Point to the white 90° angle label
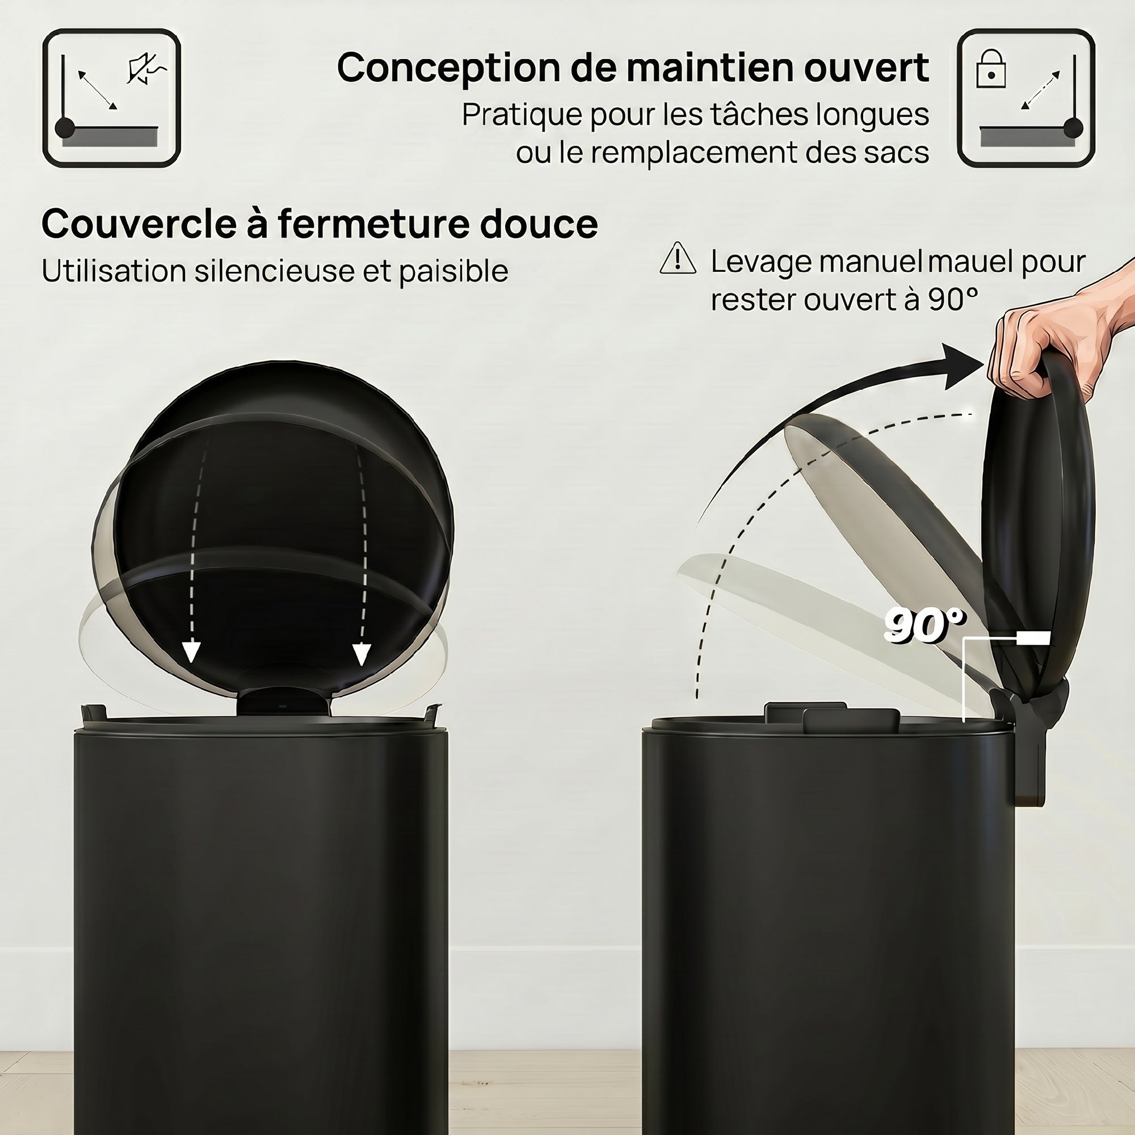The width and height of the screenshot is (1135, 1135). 924,625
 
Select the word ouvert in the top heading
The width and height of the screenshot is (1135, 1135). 867,68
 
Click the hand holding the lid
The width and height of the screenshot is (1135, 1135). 1057,340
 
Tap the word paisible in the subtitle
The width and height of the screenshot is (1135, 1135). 454,271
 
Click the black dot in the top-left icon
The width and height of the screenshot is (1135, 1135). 65,128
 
